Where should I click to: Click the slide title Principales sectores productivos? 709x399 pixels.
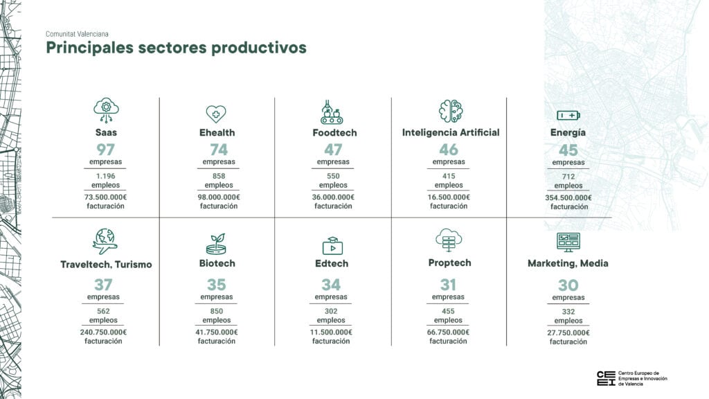point(177,48)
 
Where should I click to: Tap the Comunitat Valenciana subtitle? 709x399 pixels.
point(77,34)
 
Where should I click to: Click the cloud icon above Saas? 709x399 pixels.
point(106,110)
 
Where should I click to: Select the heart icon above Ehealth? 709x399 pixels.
point(216,114)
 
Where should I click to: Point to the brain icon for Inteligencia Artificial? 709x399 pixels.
point(451,111)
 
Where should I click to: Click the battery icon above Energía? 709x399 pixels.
point(568,116)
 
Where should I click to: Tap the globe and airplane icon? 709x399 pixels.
point(105,241)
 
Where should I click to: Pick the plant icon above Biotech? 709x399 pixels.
point(217,244)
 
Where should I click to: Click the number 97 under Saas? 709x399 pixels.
point(105,150)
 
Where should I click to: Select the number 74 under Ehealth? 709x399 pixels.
point(219,150)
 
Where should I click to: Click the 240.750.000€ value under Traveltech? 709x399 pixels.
point(104,332)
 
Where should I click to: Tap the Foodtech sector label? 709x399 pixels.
point(334,132)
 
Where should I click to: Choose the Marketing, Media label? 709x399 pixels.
point(568,263)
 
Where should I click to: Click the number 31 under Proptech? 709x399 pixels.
point(448,285)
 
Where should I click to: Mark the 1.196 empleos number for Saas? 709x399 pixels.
point(106,176)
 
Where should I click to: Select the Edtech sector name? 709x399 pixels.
point(332,263)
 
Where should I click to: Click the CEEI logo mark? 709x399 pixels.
point(606,378)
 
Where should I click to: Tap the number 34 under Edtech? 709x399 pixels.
point(331,285)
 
